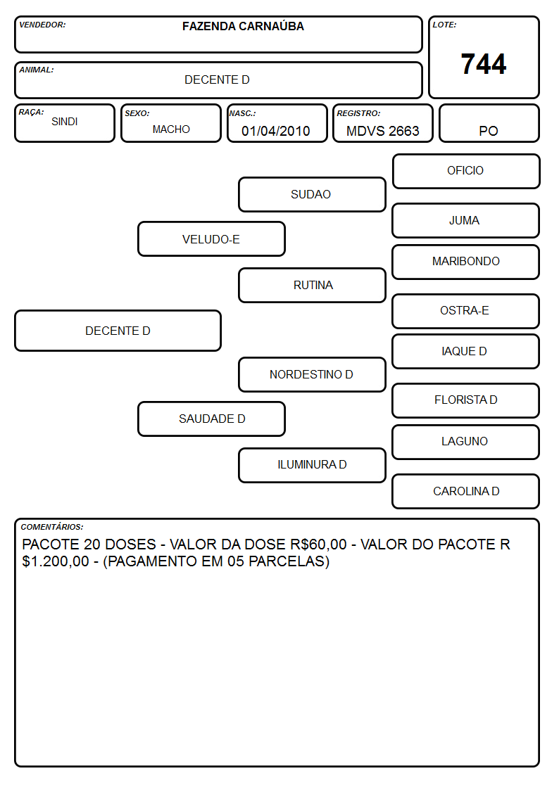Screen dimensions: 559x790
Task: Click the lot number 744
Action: tap(484, 64)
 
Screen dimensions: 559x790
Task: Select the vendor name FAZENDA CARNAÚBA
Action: tap(243, 26)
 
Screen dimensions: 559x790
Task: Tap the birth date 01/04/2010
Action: tap(276, 131)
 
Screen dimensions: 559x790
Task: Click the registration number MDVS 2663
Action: tap(382, 131)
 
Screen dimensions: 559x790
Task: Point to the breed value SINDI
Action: tap(65, 122)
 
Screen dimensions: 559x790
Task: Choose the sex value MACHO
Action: tap(171, 129)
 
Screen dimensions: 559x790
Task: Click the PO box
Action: tap(489, 123)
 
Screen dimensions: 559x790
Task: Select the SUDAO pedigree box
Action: tap(312, 194)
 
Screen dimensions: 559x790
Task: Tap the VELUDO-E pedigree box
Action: tap(211, 238)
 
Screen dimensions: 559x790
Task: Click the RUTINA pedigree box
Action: tap(312, 285)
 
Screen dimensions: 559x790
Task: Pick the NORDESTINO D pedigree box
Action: tap(312, 374)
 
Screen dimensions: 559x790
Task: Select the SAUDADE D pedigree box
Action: tap(211, 419)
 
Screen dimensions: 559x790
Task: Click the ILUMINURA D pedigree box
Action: tap(312, 465)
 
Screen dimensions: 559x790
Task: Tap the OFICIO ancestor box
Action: tap(466, 172)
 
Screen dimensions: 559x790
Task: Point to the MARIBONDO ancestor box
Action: tap(466, 262)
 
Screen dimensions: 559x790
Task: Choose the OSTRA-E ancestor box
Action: tap(466, 311)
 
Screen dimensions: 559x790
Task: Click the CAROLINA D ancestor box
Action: tap(466, 491)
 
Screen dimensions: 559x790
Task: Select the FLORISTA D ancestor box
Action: tap(466, 400)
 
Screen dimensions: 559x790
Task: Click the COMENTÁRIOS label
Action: tap(52, 527)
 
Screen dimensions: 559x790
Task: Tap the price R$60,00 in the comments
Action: tap(318, 544)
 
